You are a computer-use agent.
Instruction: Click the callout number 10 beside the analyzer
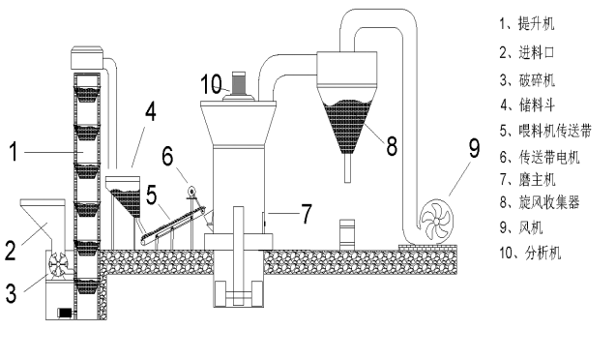point(211,84)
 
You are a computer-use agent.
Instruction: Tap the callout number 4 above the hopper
point(151,111)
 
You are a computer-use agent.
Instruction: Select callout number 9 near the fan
point(475,149)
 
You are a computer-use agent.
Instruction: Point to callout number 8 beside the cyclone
point(392,145)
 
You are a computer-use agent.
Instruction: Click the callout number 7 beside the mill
point(307,214)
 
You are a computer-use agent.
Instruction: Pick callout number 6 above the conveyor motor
point(167,156)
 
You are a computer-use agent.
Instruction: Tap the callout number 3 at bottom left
point(11,293)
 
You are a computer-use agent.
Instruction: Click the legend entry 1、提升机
point(527,23)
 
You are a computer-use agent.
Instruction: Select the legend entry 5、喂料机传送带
point(545,131)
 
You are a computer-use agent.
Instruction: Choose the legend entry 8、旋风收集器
point(540,202)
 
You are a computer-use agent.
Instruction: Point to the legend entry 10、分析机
point(530,253)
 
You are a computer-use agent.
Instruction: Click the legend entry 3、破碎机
point(527,80)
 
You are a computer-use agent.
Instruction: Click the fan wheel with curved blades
point(436,222)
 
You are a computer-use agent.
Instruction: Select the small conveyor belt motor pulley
point(191,192)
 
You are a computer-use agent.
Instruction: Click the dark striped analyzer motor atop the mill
point(239,83)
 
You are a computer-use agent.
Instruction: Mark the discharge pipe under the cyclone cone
point(347,167)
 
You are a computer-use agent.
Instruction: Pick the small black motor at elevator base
point(65,313)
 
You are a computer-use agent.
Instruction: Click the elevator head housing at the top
point(87,57)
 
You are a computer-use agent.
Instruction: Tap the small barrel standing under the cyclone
point(347,234)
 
